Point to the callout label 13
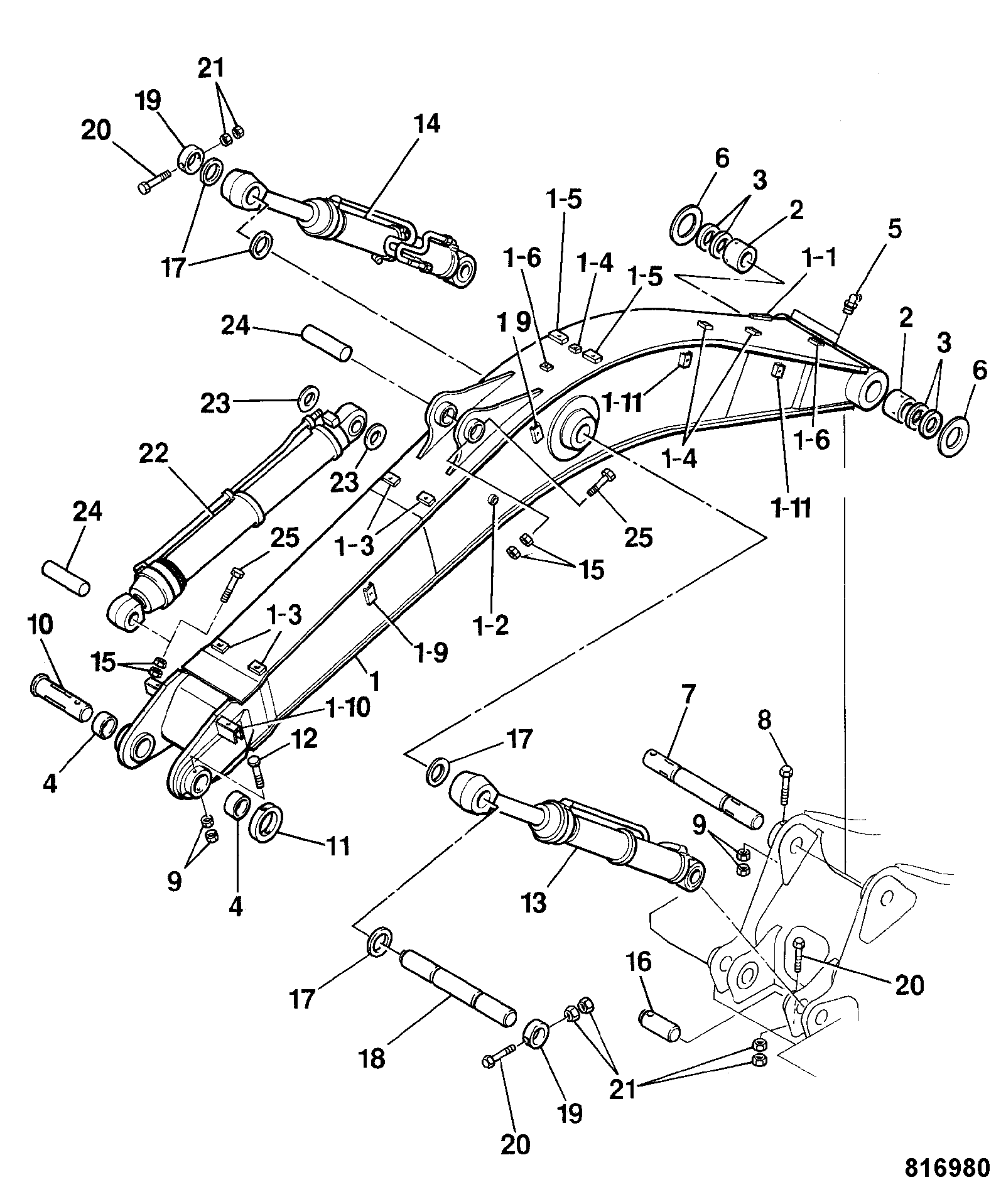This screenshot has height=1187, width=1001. [x=534, y=902]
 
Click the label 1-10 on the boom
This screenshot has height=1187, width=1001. [x=345, y=709]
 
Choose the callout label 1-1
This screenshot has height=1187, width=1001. [x=818, y=258]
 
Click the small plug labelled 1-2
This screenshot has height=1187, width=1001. [x=494, y=499]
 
